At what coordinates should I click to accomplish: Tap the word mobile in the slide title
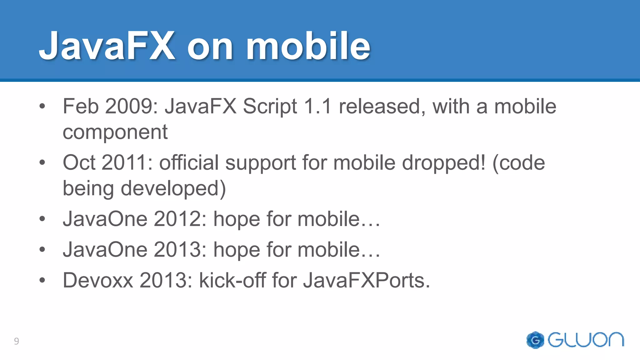308,46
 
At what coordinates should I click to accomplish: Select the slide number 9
17,341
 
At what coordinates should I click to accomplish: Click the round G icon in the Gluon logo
535,340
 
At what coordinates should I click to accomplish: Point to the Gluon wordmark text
586,340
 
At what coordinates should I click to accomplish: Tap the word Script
270,107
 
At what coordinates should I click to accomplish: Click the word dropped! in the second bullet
444,163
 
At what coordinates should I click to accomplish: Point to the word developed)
173,188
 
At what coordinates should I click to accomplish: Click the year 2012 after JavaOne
180,219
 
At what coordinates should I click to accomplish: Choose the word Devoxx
98,280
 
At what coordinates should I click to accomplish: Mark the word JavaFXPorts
366,280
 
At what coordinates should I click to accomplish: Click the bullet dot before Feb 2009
42,106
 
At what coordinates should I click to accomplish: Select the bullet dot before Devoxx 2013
42,280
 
